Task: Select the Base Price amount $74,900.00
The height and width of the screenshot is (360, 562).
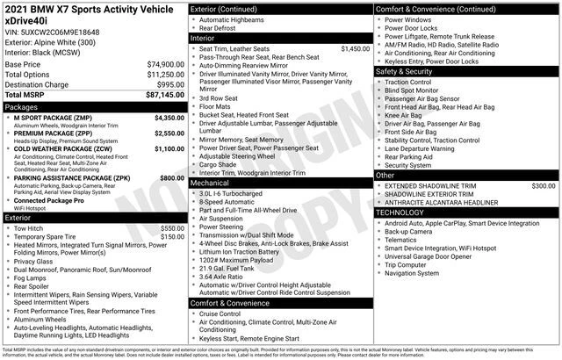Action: pyautogui.click(x=165, y=65)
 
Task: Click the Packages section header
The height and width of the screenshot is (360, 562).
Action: pyautogui.click(x=26, y=106)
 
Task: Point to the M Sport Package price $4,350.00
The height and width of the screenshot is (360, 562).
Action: pyautogui.click(x=169, y=117)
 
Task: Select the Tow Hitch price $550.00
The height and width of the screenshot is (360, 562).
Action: pyautogui.click(x=172, y=228)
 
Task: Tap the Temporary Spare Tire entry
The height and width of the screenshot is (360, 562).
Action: pyautogui.click(x=52, y=237)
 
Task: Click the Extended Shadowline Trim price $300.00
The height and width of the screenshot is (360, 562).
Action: pyautogui.click(x=543, y=186)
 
